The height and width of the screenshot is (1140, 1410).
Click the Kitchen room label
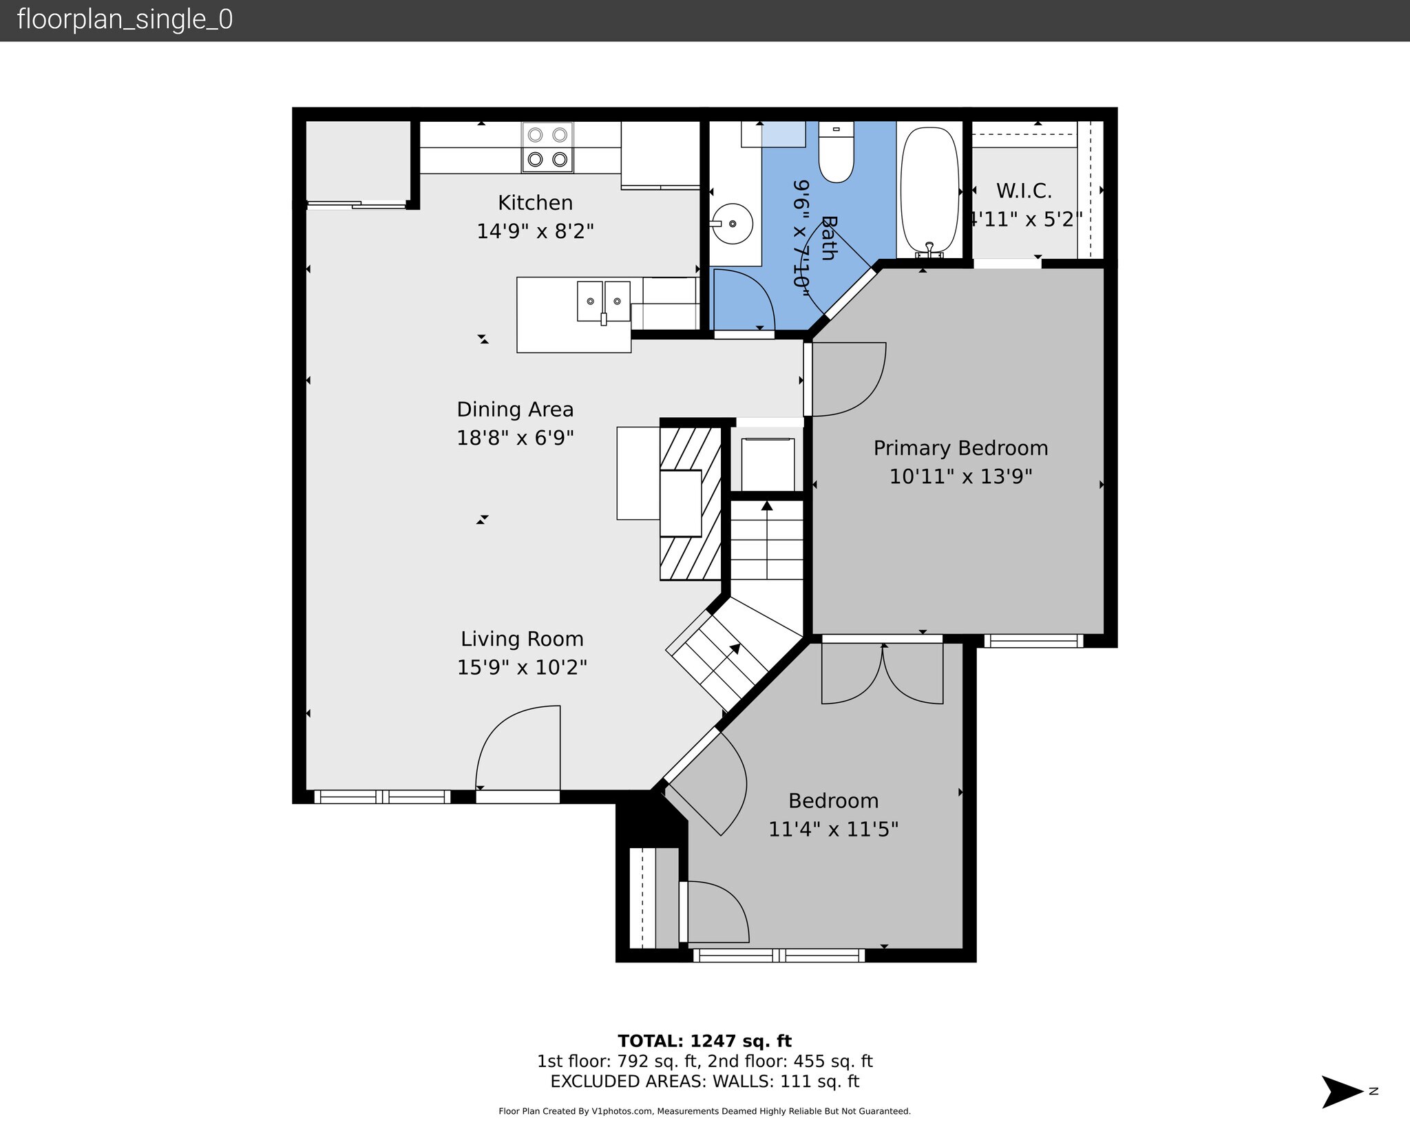pos(535,202)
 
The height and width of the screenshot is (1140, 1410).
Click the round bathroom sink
pos(732,224)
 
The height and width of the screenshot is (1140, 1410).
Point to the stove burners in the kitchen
pos(547,147)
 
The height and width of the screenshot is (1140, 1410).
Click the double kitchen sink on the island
pos(603,302)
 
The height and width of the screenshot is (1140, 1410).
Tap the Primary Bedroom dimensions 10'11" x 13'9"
pos(960,476)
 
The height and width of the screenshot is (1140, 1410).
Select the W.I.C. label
pos(1024,191)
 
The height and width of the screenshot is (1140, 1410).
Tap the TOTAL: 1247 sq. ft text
pos(704,1041)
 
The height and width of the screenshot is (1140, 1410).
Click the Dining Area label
pos(515,410)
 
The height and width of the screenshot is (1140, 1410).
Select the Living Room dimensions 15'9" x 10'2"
pos(522,668)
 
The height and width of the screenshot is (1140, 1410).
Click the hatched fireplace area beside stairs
pos(690,503)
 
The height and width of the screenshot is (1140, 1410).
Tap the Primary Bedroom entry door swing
pos(849,380)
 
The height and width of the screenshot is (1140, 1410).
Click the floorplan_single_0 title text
pos(125,20)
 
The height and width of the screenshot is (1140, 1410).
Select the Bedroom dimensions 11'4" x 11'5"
pos(833,829)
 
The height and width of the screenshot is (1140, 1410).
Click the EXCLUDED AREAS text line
pos(704,1081)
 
